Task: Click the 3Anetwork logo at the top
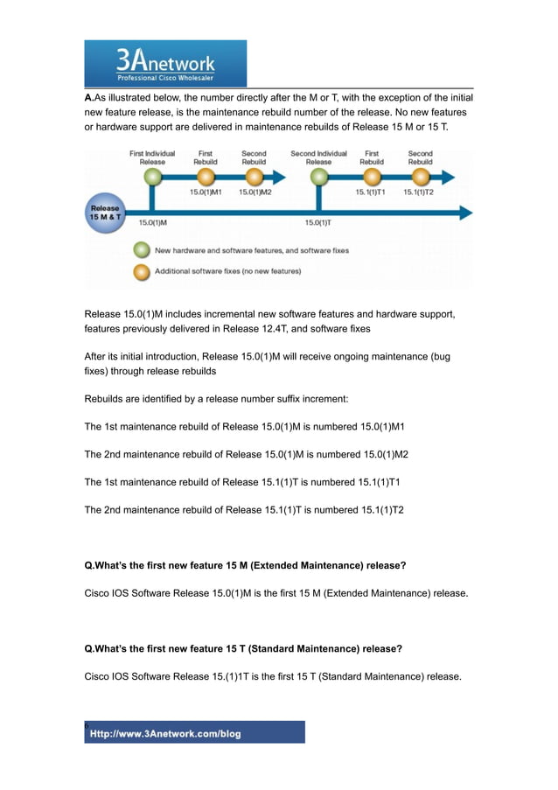point(165,62)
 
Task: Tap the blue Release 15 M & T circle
point(105,213)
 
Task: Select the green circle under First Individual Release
point(152,177)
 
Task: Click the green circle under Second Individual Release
point(318,177)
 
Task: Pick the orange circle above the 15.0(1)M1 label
point(206,177)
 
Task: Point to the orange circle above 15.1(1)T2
point(420,177)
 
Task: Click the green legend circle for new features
point(140,250)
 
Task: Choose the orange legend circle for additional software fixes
point(140,271)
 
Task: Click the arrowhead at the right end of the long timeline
point(465,213)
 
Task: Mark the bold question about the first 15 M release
point(245,566)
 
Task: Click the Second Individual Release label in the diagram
point(318,157)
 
